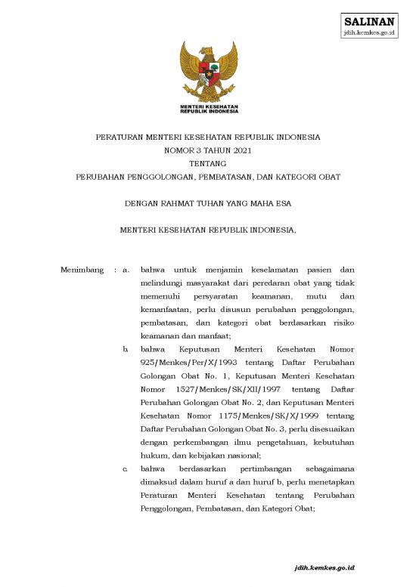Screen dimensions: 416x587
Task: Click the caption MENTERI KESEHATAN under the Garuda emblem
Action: (208, 107)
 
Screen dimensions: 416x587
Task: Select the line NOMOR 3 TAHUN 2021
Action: (207, 150)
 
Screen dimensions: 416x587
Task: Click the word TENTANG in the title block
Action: (207, 162)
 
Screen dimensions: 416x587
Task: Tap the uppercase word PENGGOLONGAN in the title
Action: (168, 176)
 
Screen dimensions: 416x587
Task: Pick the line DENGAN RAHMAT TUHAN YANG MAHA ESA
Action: (207, 202)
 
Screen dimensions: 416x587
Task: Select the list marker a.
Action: (127, 269)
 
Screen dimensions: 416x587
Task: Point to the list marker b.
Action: (125, 349)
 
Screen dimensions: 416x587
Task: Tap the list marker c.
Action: (125, 469)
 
